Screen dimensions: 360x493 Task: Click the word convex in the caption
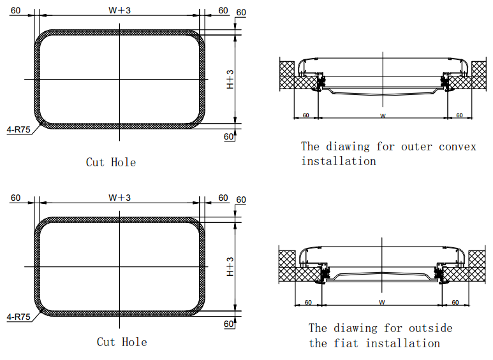[x=457, y=147]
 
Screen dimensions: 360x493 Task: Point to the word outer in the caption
[x=416, y=147]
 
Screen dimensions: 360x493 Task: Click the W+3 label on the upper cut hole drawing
[x=119, y=10]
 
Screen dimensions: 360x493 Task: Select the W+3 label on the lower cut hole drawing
[x=119, y=198]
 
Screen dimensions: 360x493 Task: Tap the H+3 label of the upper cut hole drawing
[x=231, y=79]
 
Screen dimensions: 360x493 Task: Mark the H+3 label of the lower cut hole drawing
[x=231, y=266]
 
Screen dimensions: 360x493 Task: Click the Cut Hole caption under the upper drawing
[x=111, y=162]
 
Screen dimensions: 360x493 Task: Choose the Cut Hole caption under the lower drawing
[x=122, y=342]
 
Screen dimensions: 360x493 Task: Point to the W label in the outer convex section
[x=383, y=115]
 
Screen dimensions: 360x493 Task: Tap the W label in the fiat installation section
[x=383, y=301]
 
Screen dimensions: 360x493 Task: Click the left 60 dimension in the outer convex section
[x=305, y=115]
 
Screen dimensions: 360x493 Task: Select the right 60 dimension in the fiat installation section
[x=455, y=302]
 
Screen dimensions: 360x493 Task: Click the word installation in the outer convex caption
[x=339, y=161]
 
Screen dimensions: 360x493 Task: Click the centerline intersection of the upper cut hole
[x=119, y=79]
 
